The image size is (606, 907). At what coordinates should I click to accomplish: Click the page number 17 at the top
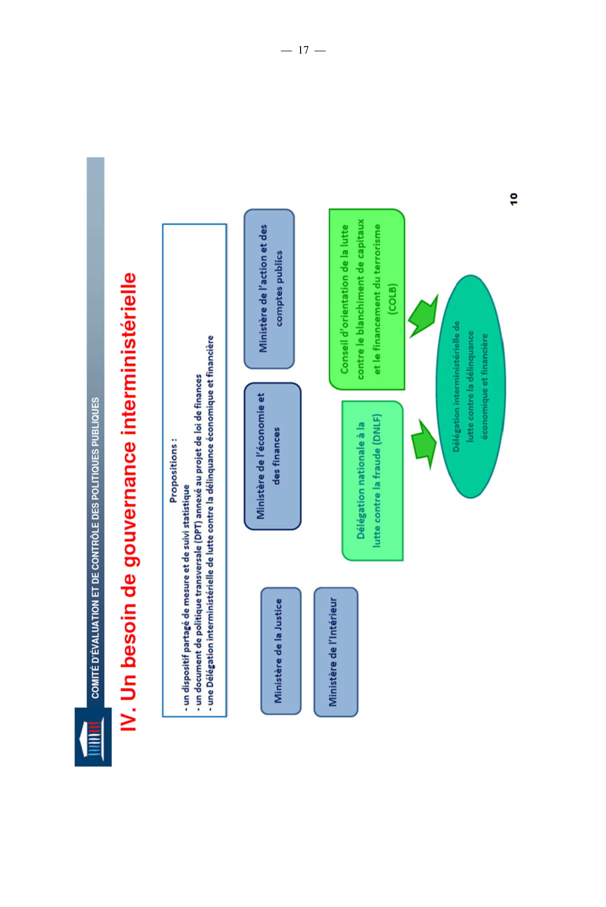point(303,50)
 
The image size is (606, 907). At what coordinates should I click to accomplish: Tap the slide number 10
point(513,199)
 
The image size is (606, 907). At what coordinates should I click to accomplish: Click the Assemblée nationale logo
point(93,737)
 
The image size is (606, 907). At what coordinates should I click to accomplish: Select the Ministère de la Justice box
point(281,651)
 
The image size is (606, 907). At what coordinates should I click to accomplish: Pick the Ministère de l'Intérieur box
point(336,652)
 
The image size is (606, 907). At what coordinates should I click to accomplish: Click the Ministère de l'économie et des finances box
point(272,456)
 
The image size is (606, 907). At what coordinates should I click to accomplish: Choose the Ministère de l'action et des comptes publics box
point(269,289)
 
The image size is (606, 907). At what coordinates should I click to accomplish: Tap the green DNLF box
point(373,480)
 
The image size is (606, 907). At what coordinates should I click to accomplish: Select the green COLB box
point(367,299)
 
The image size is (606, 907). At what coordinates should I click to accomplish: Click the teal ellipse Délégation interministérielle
point(471,387)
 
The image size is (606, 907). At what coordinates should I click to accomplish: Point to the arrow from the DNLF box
point(423,444)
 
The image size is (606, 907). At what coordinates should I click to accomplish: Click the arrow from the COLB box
point(423,316)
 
